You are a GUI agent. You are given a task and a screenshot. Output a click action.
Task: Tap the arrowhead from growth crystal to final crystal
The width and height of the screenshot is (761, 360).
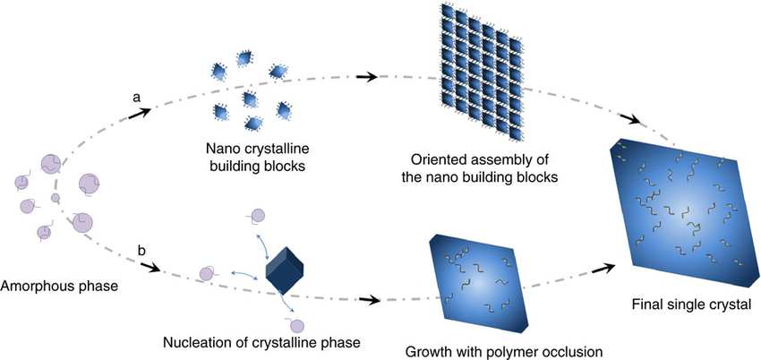point(611,268)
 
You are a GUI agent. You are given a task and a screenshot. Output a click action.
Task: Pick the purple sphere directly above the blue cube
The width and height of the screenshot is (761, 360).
point(257,214)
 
